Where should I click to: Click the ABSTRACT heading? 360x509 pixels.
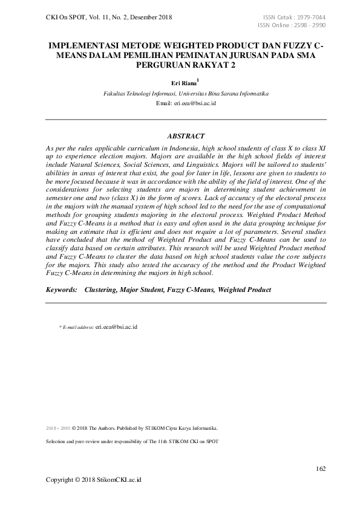[186, 137]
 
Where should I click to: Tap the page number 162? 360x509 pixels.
[321, 469]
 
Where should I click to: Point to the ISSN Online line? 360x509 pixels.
[292, 25]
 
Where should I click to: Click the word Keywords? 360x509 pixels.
[62, 290]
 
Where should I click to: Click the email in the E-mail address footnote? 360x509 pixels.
[117, 327]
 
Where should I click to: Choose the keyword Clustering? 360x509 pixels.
[100, 290]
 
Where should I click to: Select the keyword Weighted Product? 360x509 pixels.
[244, 290]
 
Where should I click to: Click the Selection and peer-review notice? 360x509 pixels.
[132, 441]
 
